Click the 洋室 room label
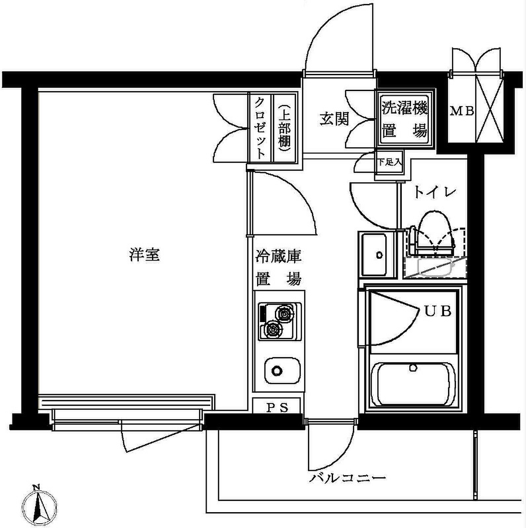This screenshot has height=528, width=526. coord(144,255)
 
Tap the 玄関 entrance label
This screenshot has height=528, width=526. coord(334,119)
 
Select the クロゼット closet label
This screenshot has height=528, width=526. coord(260,128)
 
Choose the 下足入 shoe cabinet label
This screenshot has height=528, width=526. coord(390,162)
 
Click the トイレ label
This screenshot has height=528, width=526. coord(434,192)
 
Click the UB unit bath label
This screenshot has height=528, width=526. coord(438,311)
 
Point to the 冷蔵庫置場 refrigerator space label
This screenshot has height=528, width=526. coord(278,268)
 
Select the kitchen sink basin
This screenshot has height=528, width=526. coord(282,370)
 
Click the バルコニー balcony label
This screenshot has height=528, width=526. coord(347,478)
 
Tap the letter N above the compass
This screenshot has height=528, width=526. coord(36,487)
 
